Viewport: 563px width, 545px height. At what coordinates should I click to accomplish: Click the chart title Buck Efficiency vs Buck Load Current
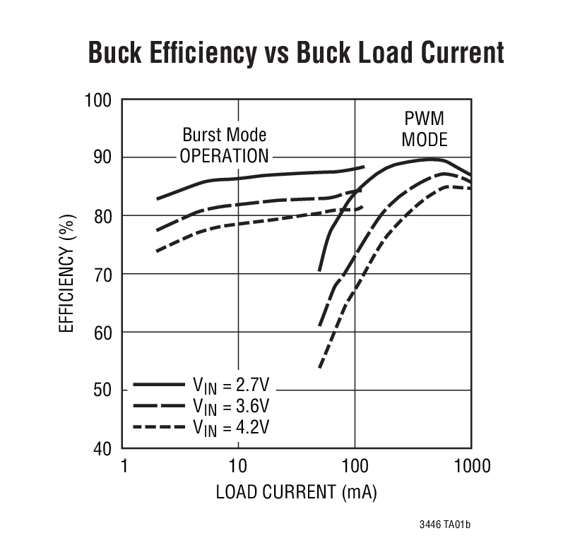(x=295, y=53)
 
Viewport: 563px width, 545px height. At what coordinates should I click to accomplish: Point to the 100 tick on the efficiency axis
(x=98, y=100)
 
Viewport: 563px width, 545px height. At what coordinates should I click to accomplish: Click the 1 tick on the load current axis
(x=124, y=466)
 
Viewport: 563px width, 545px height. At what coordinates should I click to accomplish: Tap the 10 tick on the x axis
(x=238, y=466)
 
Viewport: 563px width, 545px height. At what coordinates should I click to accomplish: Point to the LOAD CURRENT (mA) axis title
(x=296, y=493)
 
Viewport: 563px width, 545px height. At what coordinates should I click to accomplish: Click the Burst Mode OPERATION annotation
(x=224, y=145)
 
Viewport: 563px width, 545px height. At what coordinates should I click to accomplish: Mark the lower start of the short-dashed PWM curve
(x=320, y=367)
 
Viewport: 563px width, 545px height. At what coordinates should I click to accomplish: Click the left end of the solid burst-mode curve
(x=158, y=199)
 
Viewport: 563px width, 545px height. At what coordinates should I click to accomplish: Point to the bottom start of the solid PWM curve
(x=320, y=270)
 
